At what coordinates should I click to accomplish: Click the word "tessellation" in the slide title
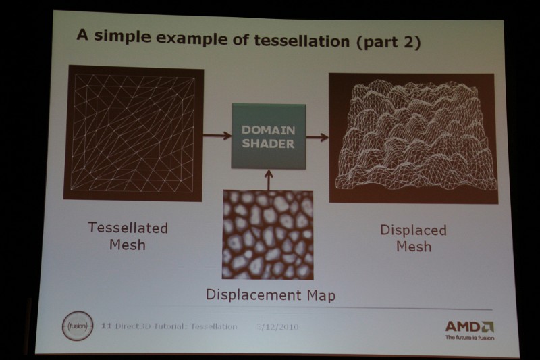tap(302, 41)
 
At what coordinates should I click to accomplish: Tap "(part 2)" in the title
tap(388, 43)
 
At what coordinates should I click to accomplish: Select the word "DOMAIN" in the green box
tap(268, 130)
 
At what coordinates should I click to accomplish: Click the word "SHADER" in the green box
tap(268, 143)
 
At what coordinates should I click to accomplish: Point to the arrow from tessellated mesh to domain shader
tap(217, 135)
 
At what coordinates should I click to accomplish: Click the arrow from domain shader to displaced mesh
tap(317, 138)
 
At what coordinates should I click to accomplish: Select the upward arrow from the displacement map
tap(269, 180)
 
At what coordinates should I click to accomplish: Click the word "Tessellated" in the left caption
tap(128, 228)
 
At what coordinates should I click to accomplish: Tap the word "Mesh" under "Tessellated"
tap(128, 245)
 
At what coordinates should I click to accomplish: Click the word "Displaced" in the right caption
tap(413, 230)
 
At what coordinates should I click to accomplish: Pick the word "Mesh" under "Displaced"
tap(414, 247)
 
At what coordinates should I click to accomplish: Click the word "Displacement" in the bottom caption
tap(253, 295)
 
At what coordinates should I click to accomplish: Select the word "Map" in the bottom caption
tap(321, 296)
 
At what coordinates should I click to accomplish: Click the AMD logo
tap(469, 327)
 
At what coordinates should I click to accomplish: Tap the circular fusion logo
tap(78, 326)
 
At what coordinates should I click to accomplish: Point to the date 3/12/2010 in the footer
tap(277, 327)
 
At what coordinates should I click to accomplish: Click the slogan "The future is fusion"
tap(470, 338)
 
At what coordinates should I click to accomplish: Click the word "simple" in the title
tap(122, 36)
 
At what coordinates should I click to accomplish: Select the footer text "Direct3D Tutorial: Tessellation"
tap(176, 326)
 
